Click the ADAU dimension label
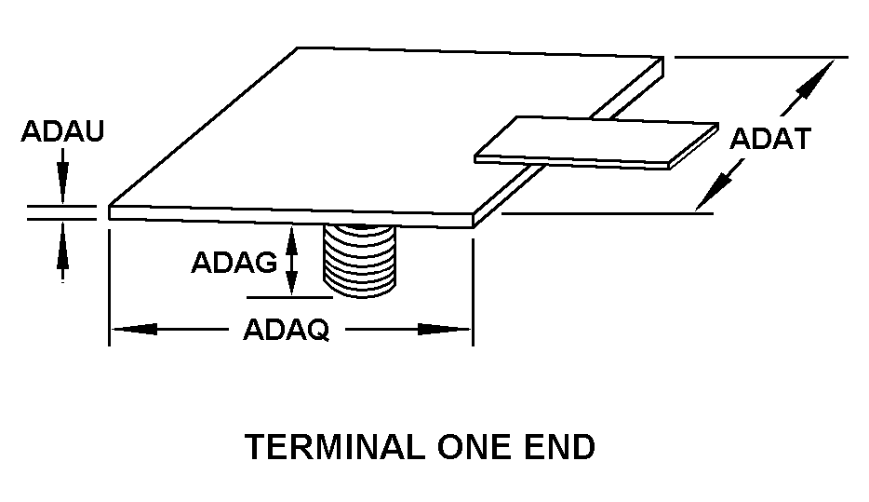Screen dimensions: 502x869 tap(62, 131)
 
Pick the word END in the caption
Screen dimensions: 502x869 tap(561, 448)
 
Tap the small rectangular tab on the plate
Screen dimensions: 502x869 tap(596, 142)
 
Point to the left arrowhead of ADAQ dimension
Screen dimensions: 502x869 tap(125, 329)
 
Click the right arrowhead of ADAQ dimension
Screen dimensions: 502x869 tap(456, 329)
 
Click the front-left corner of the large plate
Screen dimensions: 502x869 tap(111, 211)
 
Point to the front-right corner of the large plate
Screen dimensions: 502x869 tap(474, 219)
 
